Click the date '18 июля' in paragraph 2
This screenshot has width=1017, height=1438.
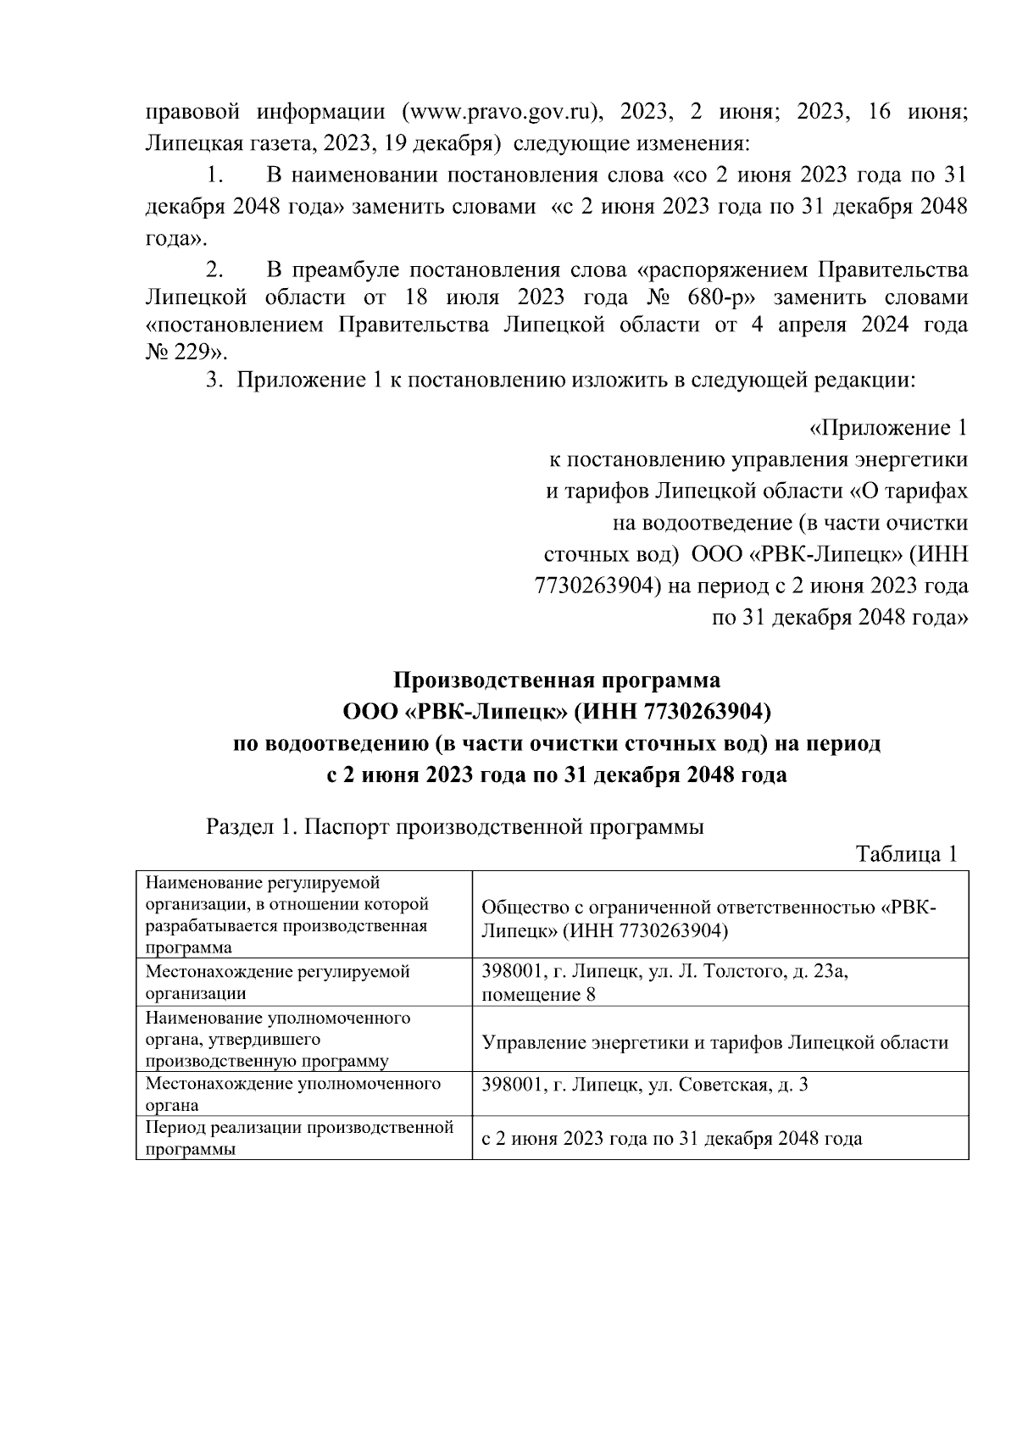pos(440,297)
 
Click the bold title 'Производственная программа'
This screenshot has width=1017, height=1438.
pos(557,680)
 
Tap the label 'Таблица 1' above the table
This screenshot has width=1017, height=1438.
pos(906,853)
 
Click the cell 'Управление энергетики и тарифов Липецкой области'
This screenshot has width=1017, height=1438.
pos(714,1042)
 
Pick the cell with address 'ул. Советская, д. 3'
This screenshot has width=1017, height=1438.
pos(644,1084)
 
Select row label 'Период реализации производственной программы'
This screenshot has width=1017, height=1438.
pos(299,1138)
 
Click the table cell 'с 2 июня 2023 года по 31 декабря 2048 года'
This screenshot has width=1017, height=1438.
pos(671,1138)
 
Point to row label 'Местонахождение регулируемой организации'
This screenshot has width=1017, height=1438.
pos(278,982)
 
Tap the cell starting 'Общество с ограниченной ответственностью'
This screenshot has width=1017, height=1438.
pos(709,919)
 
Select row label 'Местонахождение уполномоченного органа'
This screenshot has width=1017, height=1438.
pos(293,1094)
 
